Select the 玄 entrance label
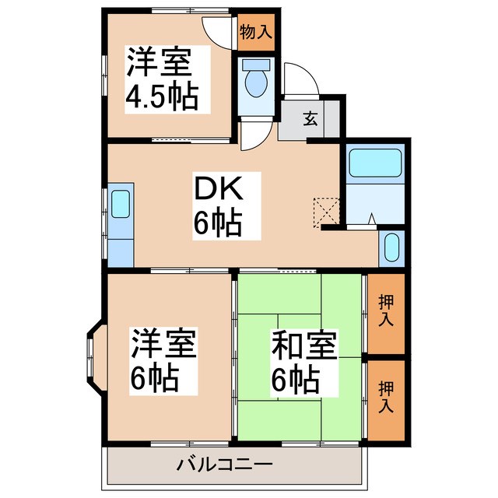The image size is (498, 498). click(310, 119)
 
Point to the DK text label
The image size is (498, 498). click(218, 189)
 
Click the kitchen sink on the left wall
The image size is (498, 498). click(120, 204)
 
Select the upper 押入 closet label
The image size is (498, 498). click(385, 310)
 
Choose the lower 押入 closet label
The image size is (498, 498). click(385, 396)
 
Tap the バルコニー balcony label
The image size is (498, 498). click(223, 465)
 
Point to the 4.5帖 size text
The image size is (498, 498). click(162, 97)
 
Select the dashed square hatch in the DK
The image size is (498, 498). click(324, 210)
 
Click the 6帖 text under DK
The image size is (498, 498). click(217, 225)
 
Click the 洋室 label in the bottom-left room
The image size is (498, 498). click(163, 342)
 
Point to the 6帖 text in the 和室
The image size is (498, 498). click(294, 381)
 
